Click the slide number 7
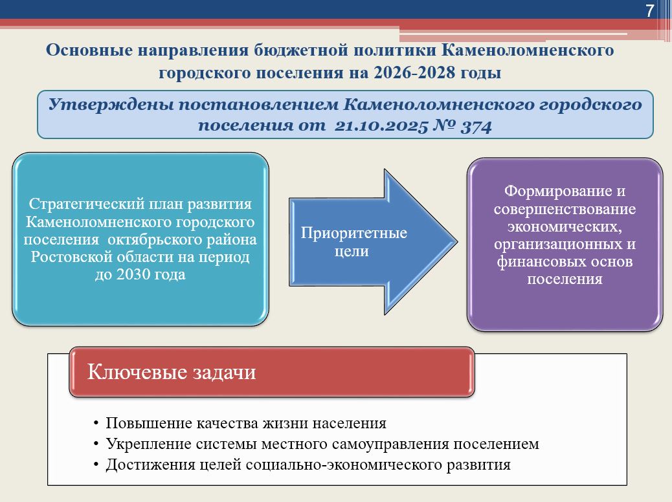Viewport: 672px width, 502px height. pos(650,10)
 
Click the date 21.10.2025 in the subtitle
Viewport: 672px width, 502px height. pos(381,126)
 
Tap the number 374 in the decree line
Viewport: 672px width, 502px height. pos(476,126)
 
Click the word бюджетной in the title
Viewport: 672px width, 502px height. pos(300,50)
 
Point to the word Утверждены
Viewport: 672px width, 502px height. pos(111,105)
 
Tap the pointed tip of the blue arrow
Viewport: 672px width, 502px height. pos(456,241)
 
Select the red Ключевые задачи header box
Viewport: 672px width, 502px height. pos(272,372)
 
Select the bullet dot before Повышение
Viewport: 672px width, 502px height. pos(96,424)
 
